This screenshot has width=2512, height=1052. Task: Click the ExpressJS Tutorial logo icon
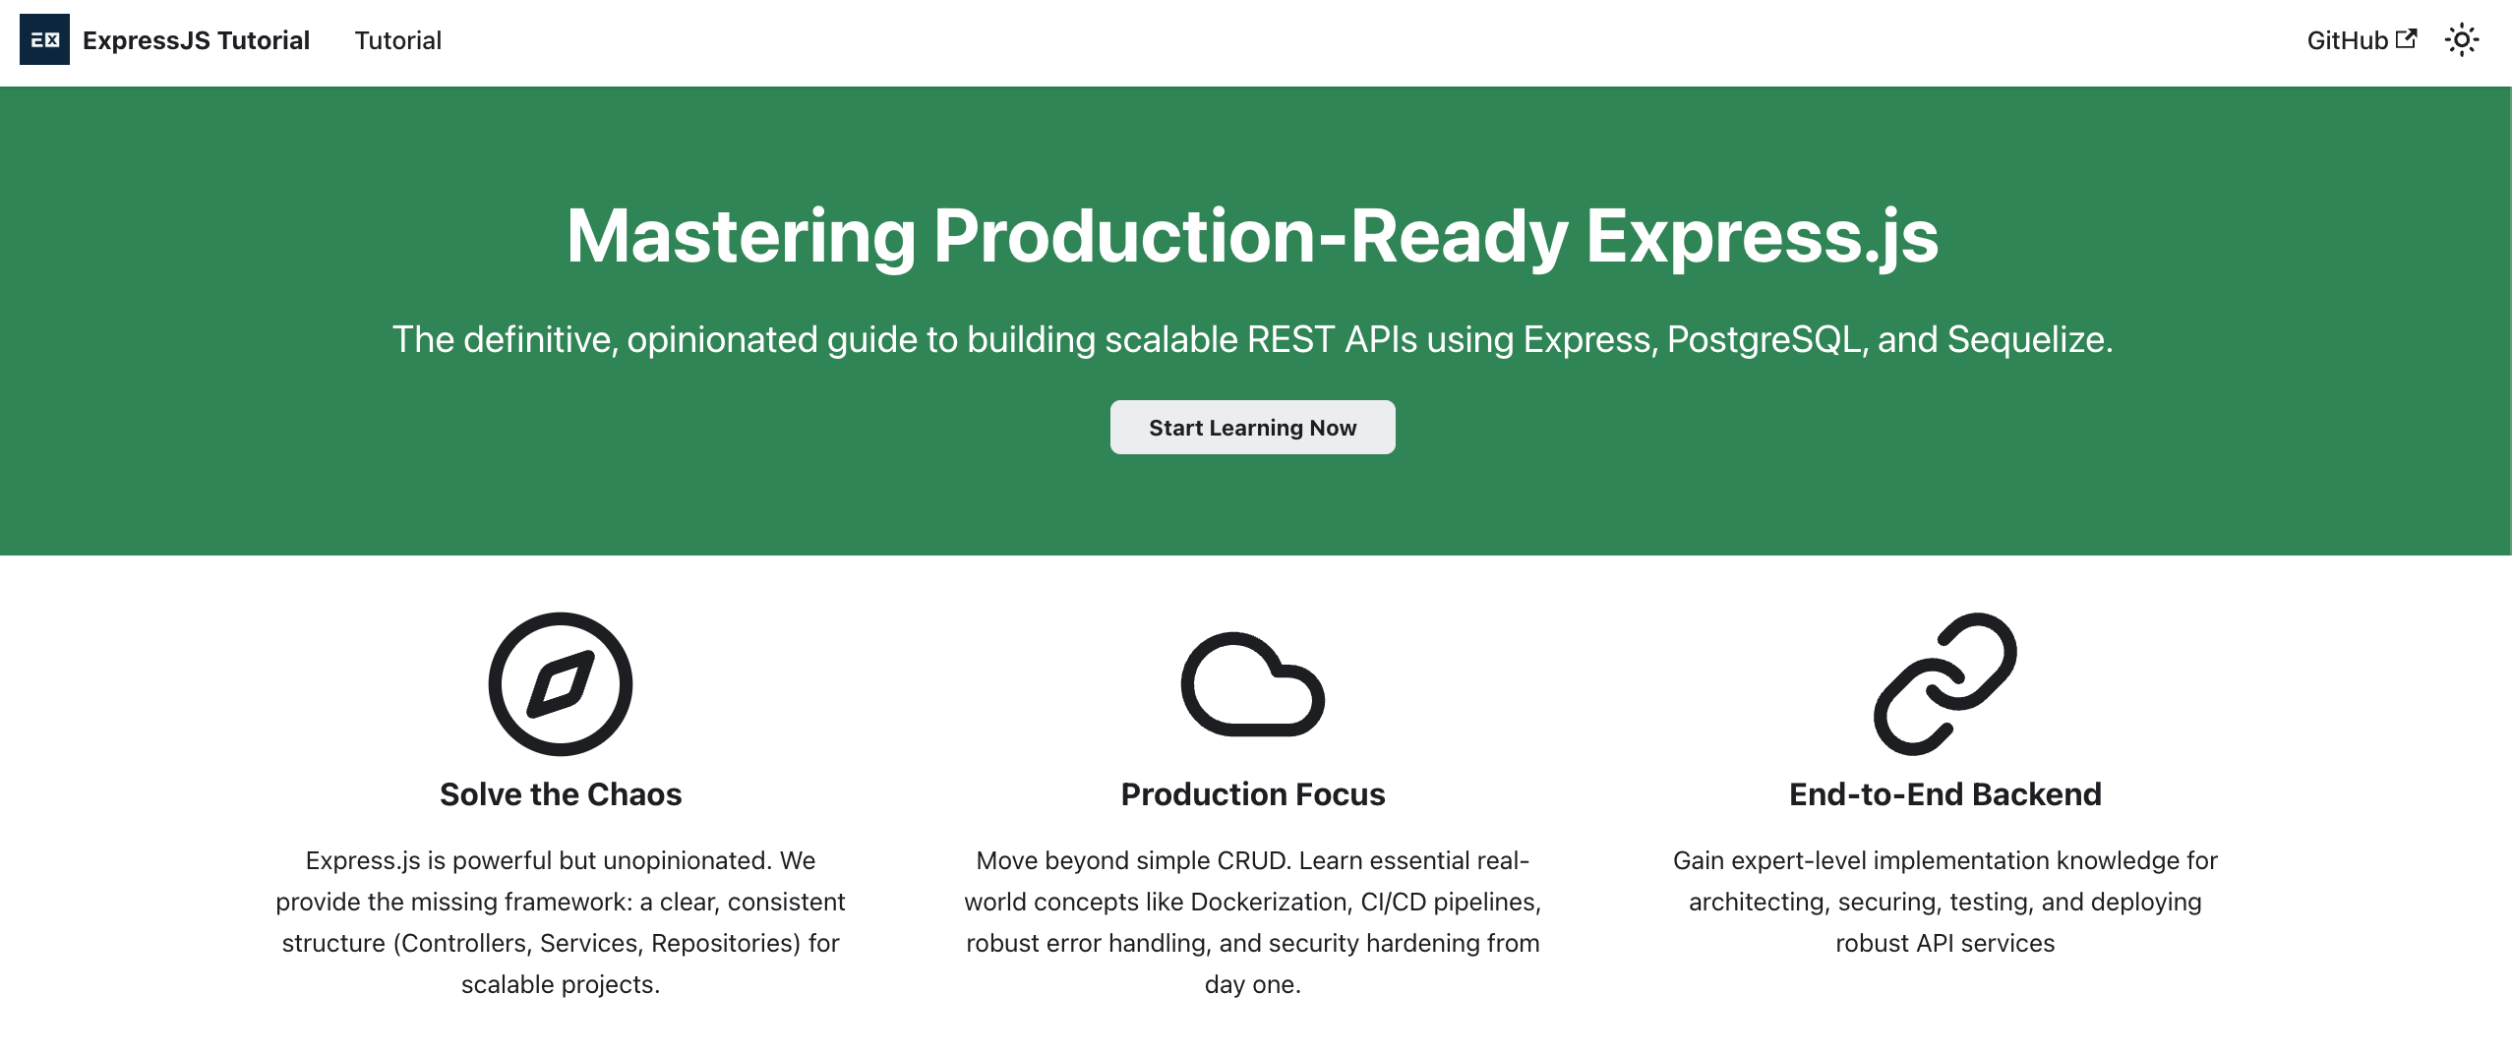click(44, 40)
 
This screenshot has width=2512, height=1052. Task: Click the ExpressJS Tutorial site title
click(196, 40)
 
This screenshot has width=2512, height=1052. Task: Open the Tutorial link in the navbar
click(397, 40)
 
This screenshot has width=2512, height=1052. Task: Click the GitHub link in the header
click(2347, 40)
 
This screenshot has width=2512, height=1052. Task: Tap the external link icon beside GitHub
click(2406, 38)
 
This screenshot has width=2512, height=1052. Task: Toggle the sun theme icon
click(2461, 40)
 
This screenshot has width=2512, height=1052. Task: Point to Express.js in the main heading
click(1762, 237)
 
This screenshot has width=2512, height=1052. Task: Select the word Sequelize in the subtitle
click(2027, 339)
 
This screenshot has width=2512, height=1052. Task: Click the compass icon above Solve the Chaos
click(561, 684)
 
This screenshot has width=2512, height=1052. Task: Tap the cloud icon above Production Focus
click(1252, 684)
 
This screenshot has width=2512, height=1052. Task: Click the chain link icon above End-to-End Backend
click(1944, 684)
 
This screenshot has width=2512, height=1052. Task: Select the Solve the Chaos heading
click(561, 794)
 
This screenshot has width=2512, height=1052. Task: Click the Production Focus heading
click(1252, 794)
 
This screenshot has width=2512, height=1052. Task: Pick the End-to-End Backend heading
click(1944, 794)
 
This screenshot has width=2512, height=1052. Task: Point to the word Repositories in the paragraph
click(725, 943)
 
